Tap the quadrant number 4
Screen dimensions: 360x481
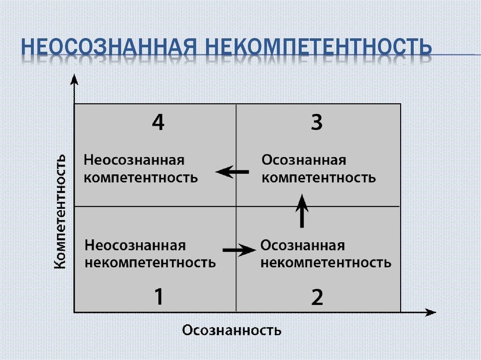tap(158, 123)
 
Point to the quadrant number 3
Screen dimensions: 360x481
tap(317, 123)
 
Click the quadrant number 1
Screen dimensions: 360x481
tap(159, 297)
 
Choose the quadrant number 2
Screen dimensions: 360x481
tap(317, 297)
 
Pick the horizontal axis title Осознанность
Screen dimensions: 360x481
tap(232, 330)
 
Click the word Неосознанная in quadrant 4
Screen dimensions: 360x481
tap(134, 161)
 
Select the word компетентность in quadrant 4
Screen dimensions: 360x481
tap(141, 178)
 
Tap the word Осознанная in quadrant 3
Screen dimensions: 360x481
tap(304, 161)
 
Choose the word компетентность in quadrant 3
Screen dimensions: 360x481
tap(318, 178)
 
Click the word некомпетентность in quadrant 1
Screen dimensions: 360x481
tap(150, 262)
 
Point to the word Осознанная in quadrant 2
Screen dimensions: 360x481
tap(303, 245)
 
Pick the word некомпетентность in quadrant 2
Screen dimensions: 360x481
tap(326, 262)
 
